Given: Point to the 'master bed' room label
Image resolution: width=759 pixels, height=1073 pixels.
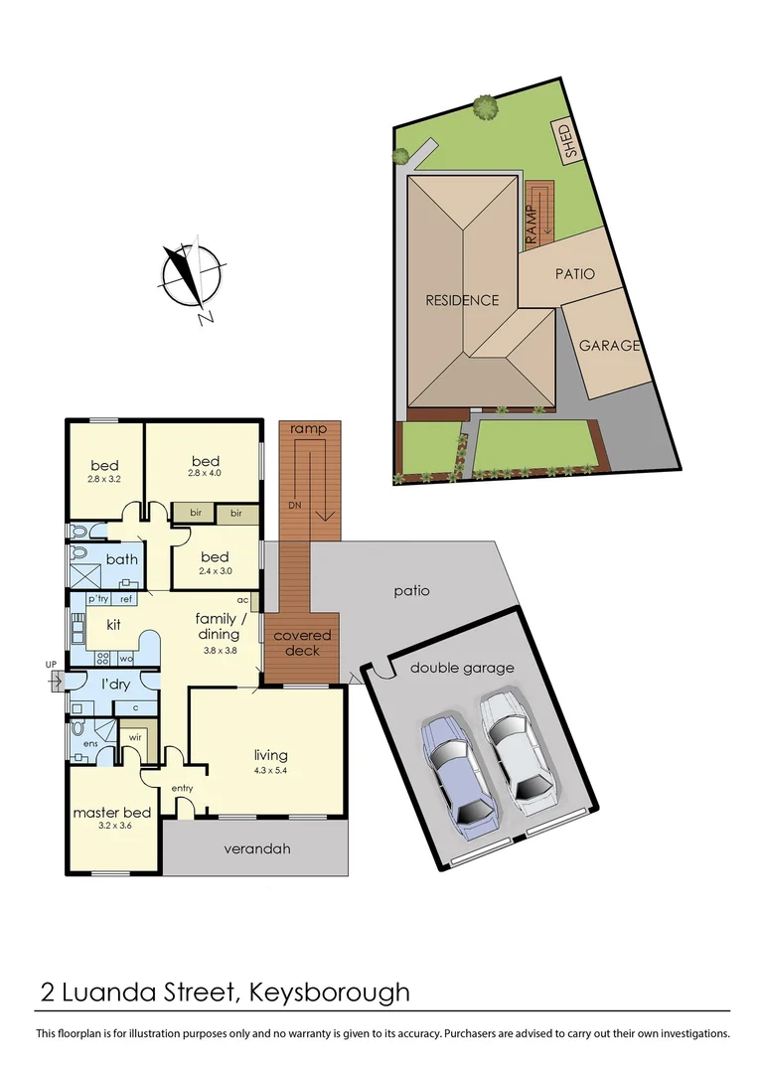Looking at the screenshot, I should point(111,812).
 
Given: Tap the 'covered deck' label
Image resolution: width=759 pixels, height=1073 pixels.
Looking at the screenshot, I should point(303,643).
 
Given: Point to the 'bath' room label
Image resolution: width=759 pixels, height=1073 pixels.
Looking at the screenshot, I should point(121,559).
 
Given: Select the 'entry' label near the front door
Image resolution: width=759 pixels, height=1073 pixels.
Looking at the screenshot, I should point(182,788).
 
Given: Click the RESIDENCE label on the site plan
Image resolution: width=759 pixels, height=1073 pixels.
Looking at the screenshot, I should point(462,300).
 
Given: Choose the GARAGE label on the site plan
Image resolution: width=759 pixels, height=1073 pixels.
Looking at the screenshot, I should point(609,346).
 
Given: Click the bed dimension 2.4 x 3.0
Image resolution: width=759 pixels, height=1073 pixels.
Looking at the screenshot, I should point(214,570).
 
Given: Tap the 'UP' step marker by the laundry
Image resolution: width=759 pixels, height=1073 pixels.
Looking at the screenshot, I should point(51,664).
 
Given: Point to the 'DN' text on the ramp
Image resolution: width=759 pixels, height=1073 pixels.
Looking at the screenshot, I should point(294,506).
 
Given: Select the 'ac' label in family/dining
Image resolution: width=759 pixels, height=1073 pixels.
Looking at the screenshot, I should point(242,600).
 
